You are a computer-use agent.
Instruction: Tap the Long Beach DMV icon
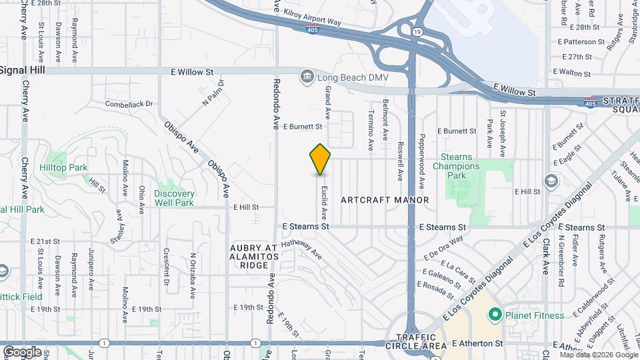tap(307, 77)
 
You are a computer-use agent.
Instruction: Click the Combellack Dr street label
tap(129, 104)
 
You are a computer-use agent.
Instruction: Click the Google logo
tap(21, 351)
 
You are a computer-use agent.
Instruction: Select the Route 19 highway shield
tap(417, 31)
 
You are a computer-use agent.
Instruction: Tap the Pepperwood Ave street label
tap(421, 163)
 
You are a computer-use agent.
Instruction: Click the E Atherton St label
tap(477, 343)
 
